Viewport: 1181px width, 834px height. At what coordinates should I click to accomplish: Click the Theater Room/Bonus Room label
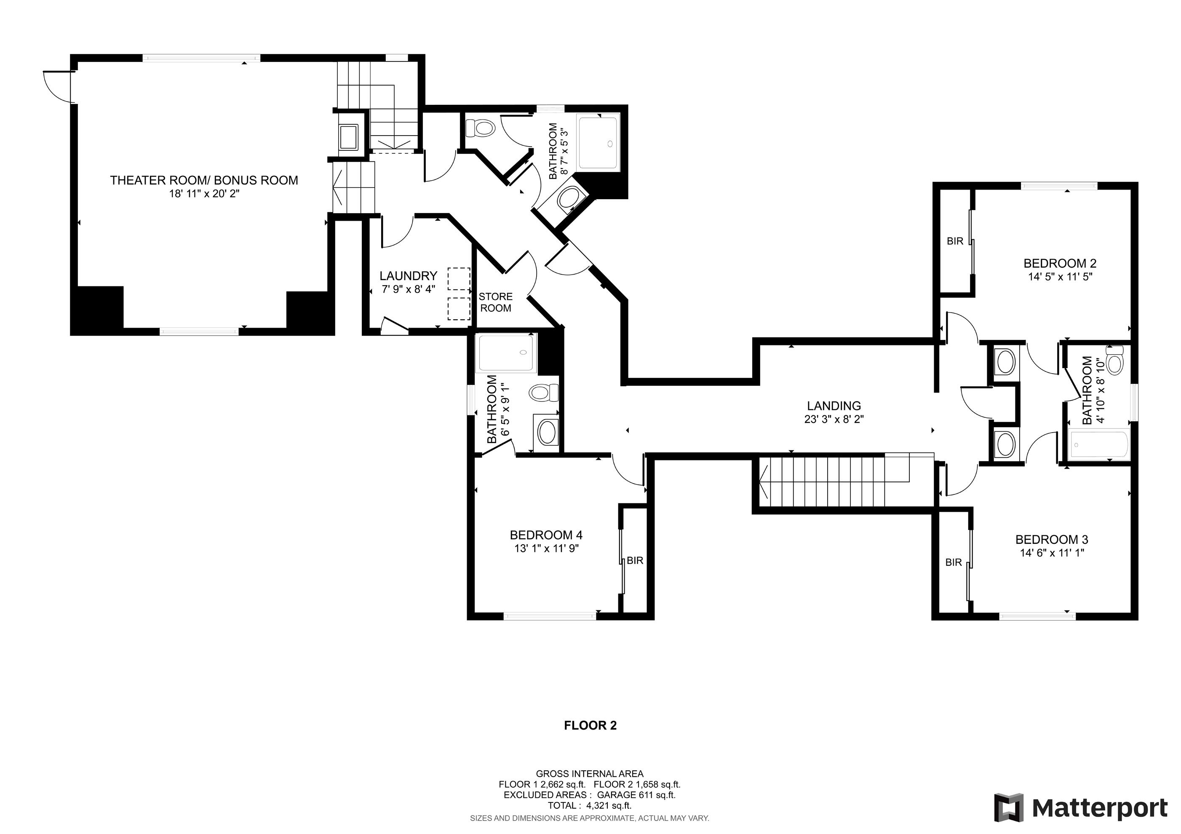(204, 180)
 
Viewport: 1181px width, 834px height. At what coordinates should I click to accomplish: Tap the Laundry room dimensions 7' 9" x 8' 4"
(409, 289)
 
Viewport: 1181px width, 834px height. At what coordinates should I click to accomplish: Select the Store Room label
(495, 302)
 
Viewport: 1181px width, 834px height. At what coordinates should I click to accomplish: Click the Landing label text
(834, 406)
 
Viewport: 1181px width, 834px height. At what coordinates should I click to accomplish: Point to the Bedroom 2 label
(1060, 263)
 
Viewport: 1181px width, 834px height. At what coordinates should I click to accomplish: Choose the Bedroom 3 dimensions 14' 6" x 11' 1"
(1052, 553)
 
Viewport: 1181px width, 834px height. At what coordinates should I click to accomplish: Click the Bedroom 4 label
(546, 535)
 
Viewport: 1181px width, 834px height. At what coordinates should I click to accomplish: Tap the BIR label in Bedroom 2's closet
(955, 241)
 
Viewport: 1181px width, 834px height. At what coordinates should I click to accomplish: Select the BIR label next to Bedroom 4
(635, 561)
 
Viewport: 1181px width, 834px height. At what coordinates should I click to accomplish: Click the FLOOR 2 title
(590, 725)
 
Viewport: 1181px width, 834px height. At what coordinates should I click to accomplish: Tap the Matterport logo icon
(1008, 808)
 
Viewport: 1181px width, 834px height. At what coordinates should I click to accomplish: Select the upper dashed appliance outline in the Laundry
(459, 279)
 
